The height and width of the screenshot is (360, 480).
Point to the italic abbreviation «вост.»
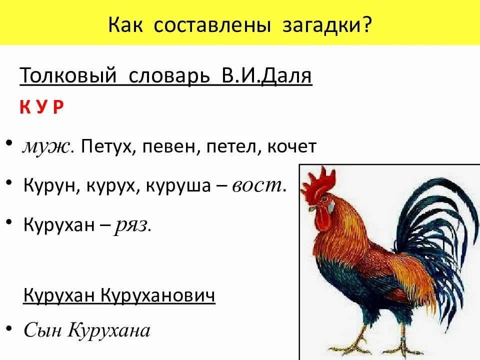click(259, 186)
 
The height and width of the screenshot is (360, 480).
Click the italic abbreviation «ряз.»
click(133, 225)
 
